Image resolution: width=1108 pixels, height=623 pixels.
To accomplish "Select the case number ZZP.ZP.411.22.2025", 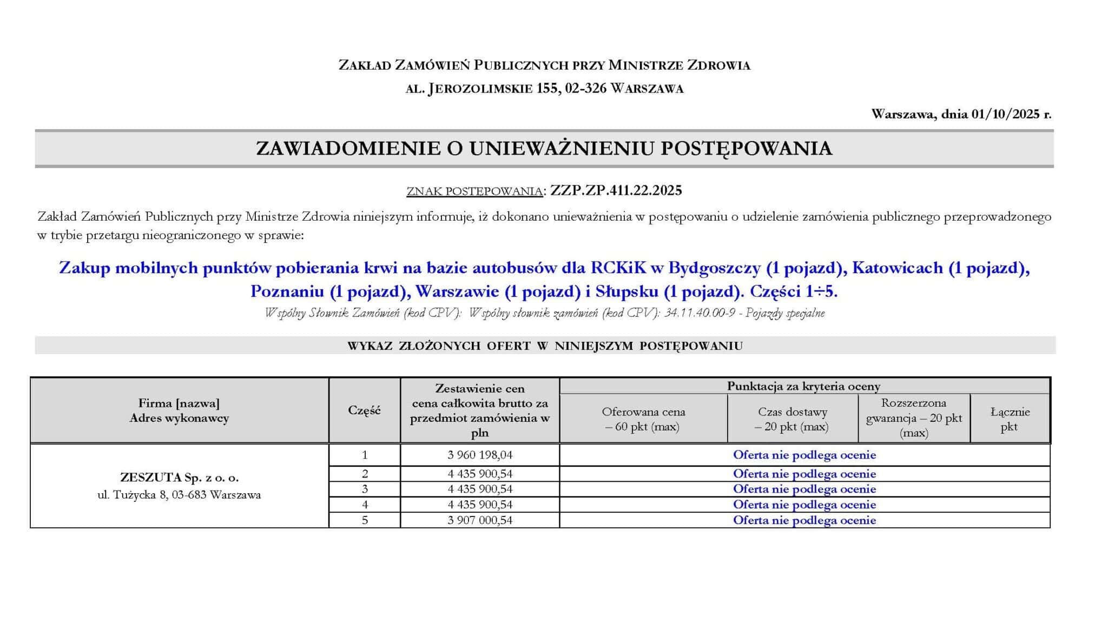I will pos(616,190).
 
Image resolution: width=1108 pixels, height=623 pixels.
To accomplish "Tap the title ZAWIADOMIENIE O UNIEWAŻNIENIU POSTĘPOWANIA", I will pos(544,148).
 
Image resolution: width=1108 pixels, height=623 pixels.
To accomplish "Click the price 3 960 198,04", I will pos(480,455).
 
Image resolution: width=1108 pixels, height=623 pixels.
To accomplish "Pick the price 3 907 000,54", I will pos(480,520).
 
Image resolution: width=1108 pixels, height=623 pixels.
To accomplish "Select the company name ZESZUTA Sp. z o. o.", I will pos(179,478).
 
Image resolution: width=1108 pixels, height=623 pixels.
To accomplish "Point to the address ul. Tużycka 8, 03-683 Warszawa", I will pos(179,495).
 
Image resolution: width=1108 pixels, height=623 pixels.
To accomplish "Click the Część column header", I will pos(364,410).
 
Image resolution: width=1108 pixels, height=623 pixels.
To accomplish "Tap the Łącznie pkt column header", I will pos(1010,419).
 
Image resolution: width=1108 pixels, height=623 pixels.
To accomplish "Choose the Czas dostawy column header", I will pos(792,419).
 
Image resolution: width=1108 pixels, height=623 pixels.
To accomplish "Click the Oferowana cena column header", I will pos(643,419).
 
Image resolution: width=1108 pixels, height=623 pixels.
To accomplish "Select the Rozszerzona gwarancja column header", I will pos(914,417).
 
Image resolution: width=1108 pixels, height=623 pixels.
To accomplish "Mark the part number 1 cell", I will pos(365,455).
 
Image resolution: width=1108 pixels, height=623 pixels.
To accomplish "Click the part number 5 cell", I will pos(365,520).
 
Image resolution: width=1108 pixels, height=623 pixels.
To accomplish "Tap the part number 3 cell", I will pos(365,489).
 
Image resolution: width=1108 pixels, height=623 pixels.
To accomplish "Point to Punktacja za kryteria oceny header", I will pos(803,386).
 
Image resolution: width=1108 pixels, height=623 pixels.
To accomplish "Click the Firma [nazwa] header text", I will pos(179,403).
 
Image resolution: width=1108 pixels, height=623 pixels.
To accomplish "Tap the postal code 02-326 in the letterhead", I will pos(585,88).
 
